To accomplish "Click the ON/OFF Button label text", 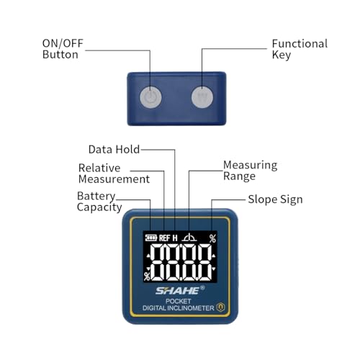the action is [x=63, y=49].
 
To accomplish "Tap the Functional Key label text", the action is [x=300, y=49].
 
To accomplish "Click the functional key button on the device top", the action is [x=202, y=97].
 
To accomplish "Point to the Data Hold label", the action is [x=114, y=149].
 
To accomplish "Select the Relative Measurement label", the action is [x=114, y=174].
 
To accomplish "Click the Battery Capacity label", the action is [x=99, y=202].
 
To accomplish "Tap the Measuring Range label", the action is [x=250, y=171].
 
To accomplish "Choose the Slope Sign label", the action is [x=275, y=199].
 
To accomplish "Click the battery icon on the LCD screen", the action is [x=151, y=238].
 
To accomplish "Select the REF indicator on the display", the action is [x=165, y=238].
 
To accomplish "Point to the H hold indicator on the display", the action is [x=175, y=238].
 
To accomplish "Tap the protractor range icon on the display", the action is [x=189, y=237].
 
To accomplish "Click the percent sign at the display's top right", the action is [x=212, y=238].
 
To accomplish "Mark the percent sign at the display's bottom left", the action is [x=147, y=276].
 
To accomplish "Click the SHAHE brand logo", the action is [x=179, y=290].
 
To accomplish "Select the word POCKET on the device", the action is [x=179, y=301].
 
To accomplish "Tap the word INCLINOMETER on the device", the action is [x=191, y=308].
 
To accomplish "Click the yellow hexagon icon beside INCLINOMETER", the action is [x=220, y=307].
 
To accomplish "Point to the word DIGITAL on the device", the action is [x=154, y=308].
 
